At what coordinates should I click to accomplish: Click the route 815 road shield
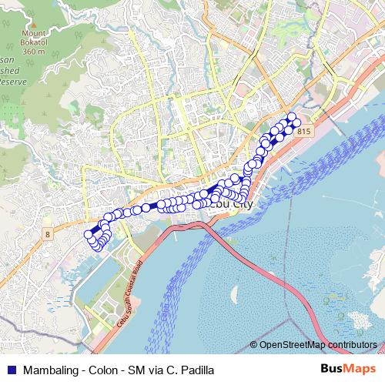tap(303, 132)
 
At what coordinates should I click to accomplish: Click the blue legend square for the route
tap(10, 369)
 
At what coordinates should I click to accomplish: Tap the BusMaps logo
tap(347, 368)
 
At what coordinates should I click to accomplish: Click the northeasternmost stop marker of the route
tap(291, 117)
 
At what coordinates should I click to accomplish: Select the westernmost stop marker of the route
tap(88, 235)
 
